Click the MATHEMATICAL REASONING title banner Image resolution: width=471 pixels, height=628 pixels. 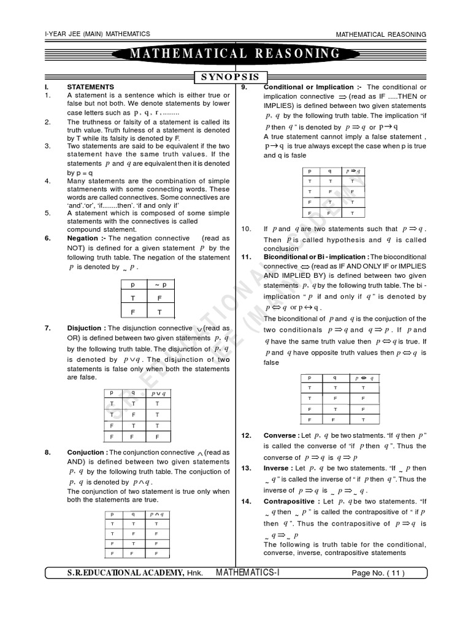click(235, 54)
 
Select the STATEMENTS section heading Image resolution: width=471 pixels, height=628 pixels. click(90, 88)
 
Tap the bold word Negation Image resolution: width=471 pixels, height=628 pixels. click(82, 238)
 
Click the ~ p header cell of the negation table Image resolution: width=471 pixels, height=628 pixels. click(160, 285)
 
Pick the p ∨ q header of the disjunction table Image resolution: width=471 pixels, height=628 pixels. click(158, 392)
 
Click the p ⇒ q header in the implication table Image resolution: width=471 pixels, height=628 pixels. click(353, 171)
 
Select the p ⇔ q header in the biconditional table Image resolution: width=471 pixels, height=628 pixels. click(364, 378)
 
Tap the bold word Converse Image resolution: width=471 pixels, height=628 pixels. click(280, 435)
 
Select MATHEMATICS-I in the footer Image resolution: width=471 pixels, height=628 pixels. click(248, 573)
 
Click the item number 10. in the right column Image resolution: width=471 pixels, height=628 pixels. click(247, 229)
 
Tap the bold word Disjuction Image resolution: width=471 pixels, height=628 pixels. click(86, 328)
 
